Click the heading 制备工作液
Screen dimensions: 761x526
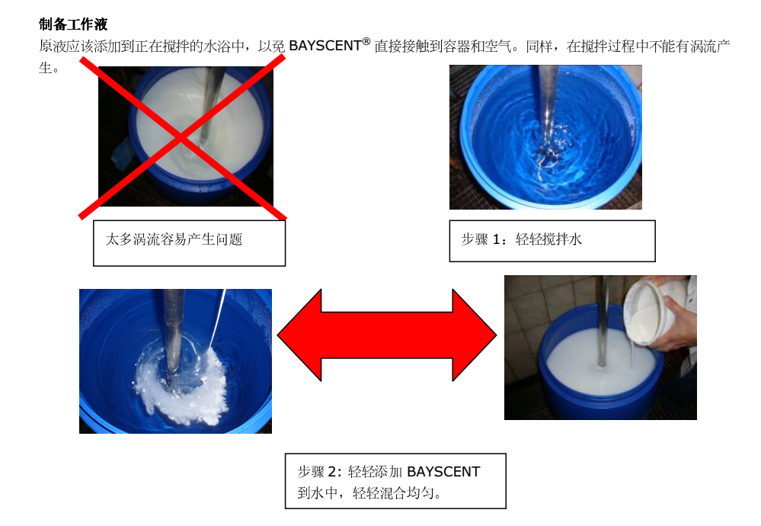(x=73, y=24)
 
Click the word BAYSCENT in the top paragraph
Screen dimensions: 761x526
(x=325, y=46)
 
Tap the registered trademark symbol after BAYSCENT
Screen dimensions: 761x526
(x=366, y=41)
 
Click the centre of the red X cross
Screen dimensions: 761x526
(x=181, y=137)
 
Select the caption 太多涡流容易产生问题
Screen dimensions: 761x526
(x=174, y=239)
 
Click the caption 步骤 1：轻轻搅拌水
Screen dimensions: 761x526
(x=521, y=239)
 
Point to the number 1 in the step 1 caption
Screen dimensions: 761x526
(x=496, y=239)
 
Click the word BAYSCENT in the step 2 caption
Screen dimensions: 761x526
(x=443, y=472)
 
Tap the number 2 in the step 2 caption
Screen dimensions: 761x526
(x=332, y=472)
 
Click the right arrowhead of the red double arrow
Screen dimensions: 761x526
(x=474, y=335)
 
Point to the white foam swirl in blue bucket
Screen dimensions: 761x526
(x=184, y=383)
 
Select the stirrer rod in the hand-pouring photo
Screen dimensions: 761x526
(x=603, y=320)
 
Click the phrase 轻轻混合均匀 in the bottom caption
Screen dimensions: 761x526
(x=393, y=493)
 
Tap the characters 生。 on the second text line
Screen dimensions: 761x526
(x=49, y=68)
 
